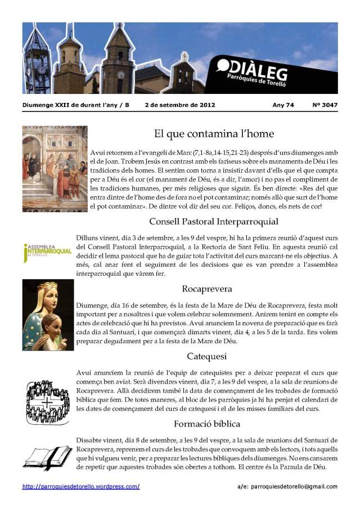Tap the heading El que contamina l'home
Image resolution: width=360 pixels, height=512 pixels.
coord(214,134)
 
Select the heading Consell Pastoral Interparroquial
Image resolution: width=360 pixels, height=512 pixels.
coord(214,222)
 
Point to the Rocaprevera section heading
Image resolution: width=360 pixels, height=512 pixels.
coord(207,289)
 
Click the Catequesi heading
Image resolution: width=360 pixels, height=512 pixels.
coord(207,356)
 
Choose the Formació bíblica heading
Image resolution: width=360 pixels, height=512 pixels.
coord(207,423)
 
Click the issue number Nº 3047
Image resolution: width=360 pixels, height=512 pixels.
coord(325,105)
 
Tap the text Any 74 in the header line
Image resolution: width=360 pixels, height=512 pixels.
coord(282,105)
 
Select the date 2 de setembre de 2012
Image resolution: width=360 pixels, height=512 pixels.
coord(179,105)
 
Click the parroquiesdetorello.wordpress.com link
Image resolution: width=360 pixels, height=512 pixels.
coord(81,486)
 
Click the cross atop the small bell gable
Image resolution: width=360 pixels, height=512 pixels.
coord(184,56)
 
